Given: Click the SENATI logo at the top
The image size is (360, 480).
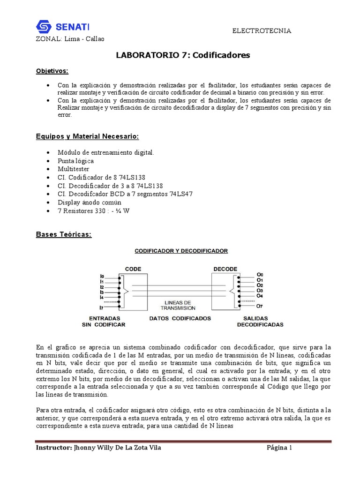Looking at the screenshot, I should [x=63, y=26].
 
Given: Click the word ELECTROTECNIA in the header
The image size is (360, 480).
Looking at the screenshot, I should [x=262, y=30].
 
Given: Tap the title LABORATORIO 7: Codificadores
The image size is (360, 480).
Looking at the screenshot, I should [x=183, y=55].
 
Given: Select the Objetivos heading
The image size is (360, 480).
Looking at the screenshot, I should [x=52, y=71].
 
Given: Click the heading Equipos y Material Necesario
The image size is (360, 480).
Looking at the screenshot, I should [x=87, y=136].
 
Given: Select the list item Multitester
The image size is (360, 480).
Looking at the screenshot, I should [x=73, y=169].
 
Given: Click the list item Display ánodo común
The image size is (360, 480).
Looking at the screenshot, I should [x=89, y=202].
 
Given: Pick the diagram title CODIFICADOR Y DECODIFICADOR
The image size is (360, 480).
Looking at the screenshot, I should [x=181, y=251].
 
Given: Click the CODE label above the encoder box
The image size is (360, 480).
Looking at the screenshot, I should [x=133, y=269].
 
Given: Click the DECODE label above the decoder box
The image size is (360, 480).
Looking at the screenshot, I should [x=225, y=269].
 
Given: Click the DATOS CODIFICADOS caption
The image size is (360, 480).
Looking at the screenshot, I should [x=180, y=318].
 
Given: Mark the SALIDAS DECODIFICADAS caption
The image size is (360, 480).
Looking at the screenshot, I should [x=260, y=321].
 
